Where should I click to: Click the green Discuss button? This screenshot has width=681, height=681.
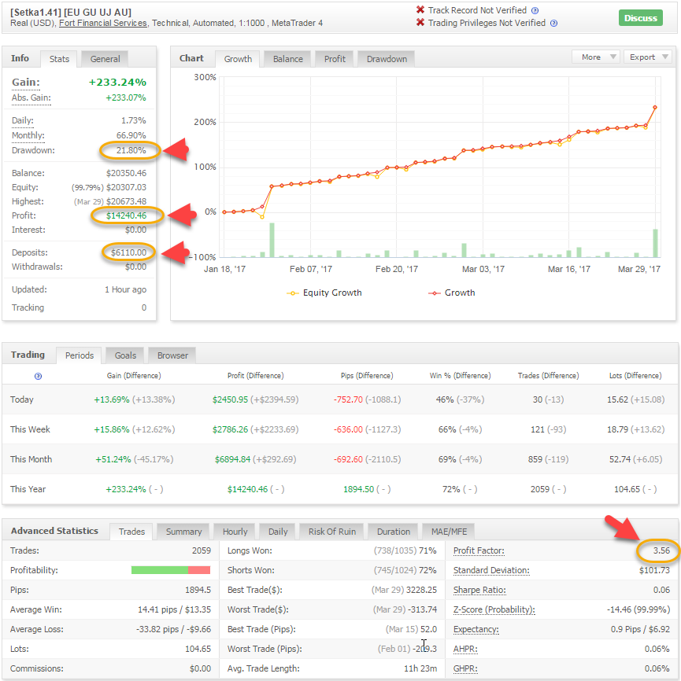point(640,18)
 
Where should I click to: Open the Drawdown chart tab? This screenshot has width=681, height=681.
point(387,59)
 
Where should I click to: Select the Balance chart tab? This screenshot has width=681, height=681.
point(288,59)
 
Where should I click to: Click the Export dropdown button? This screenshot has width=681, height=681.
point(648,57)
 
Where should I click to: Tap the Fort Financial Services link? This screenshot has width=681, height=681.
point(103,23)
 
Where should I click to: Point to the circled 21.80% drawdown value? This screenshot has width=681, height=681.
point(131,150)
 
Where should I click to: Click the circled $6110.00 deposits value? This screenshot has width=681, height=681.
point(128,252)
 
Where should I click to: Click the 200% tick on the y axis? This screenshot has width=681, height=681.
point(205,122)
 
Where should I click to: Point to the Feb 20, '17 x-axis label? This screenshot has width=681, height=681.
point(397,269)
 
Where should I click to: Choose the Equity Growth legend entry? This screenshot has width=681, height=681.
point(324,293)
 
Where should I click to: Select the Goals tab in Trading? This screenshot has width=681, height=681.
point(125,355)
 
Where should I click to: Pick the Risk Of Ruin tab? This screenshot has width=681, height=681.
point(331,532)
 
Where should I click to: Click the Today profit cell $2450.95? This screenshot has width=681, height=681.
point(230,399)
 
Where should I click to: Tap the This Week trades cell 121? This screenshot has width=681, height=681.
point(538,429)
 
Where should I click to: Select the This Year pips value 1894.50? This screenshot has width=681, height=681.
point(359,489)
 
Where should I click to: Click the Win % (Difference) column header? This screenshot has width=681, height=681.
point(460,376)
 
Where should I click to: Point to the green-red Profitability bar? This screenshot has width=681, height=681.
point(171,570)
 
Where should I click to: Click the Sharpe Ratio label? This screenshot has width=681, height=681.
point(479,590)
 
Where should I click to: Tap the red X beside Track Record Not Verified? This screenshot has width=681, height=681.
point(420,10)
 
